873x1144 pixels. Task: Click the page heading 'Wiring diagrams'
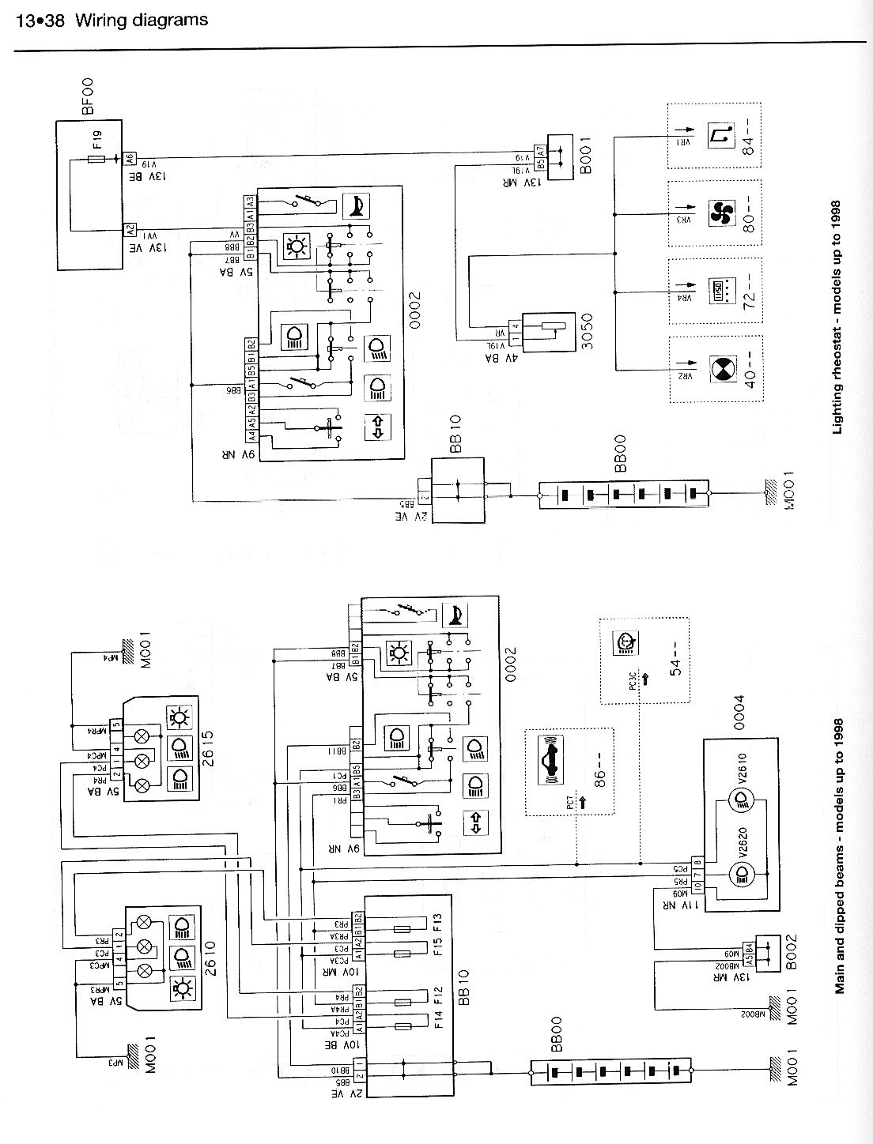[x=142, y=20]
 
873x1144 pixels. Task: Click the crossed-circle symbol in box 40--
[x=720, y=369]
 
